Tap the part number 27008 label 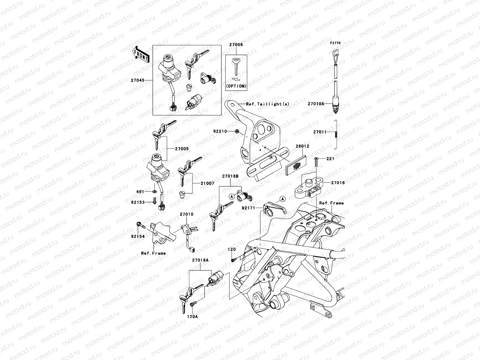(236, 45)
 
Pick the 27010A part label (316, 104)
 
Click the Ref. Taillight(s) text (268, 104)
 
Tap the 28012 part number (302, 146)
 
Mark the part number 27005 (182, 149)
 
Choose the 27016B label (230, 176)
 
